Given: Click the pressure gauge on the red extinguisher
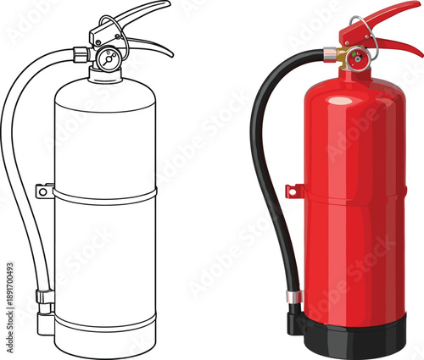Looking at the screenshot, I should (x=358, y=59).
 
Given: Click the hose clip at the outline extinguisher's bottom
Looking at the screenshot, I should (x=44, y=297).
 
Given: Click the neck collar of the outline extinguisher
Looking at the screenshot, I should (x=106, y=75).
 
